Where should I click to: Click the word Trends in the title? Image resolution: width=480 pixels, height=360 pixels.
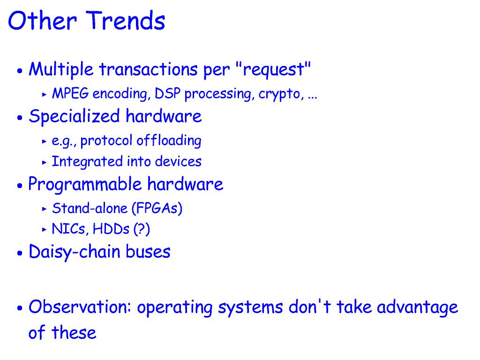(x=126, y=21)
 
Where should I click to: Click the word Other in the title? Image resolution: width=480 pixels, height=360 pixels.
(x=42, y=21)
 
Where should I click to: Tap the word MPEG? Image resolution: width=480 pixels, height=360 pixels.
(x=70, y=93)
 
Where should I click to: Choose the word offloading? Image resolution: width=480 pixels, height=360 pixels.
(x=169, y=141)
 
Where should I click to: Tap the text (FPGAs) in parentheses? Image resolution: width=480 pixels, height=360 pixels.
(x=157, y=209)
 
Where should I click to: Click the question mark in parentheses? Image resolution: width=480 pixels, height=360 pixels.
(x=142, y=229)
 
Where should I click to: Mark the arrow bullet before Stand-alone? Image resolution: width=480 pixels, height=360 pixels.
(x=45, y=209)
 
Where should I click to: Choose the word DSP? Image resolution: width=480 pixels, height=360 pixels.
(x=167, y=93)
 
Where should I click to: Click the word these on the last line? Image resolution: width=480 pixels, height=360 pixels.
(x=74, y=333)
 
